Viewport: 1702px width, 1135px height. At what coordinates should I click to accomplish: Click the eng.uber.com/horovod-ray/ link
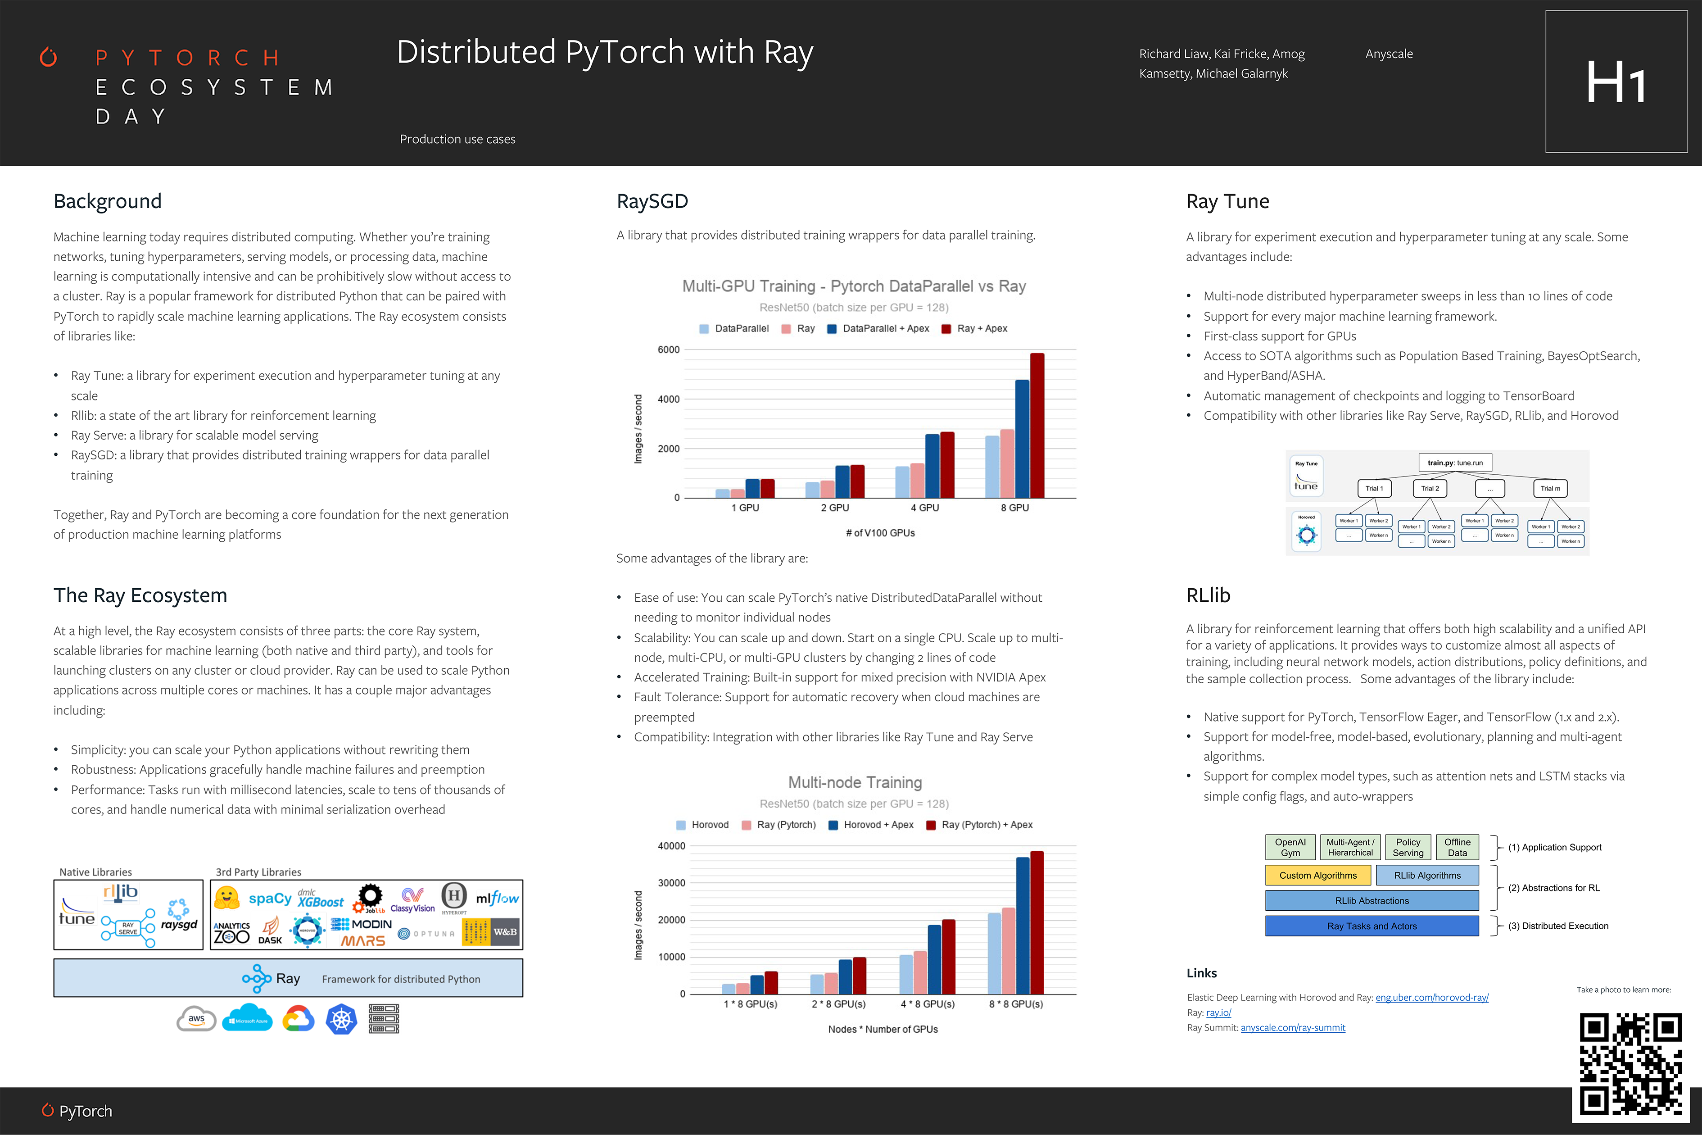(1431, 998)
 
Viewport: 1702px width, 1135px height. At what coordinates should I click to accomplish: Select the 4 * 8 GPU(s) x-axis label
(927, 1004)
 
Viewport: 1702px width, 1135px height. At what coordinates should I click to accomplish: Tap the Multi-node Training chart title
(855, 782)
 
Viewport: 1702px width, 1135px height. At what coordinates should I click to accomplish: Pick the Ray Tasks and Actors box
(1372, 926)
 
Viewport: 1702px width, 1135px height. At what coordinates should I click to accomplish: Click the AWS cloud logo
(196, 1018)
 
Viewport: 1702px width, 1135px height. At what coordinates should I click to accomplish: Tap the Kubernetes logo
(342, 1018)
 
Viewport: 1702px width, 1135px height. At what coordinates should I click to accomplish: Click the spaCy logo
(269, 898)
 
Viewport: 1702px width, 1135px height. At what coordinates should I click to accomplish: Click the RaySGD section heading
(652, 201)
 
